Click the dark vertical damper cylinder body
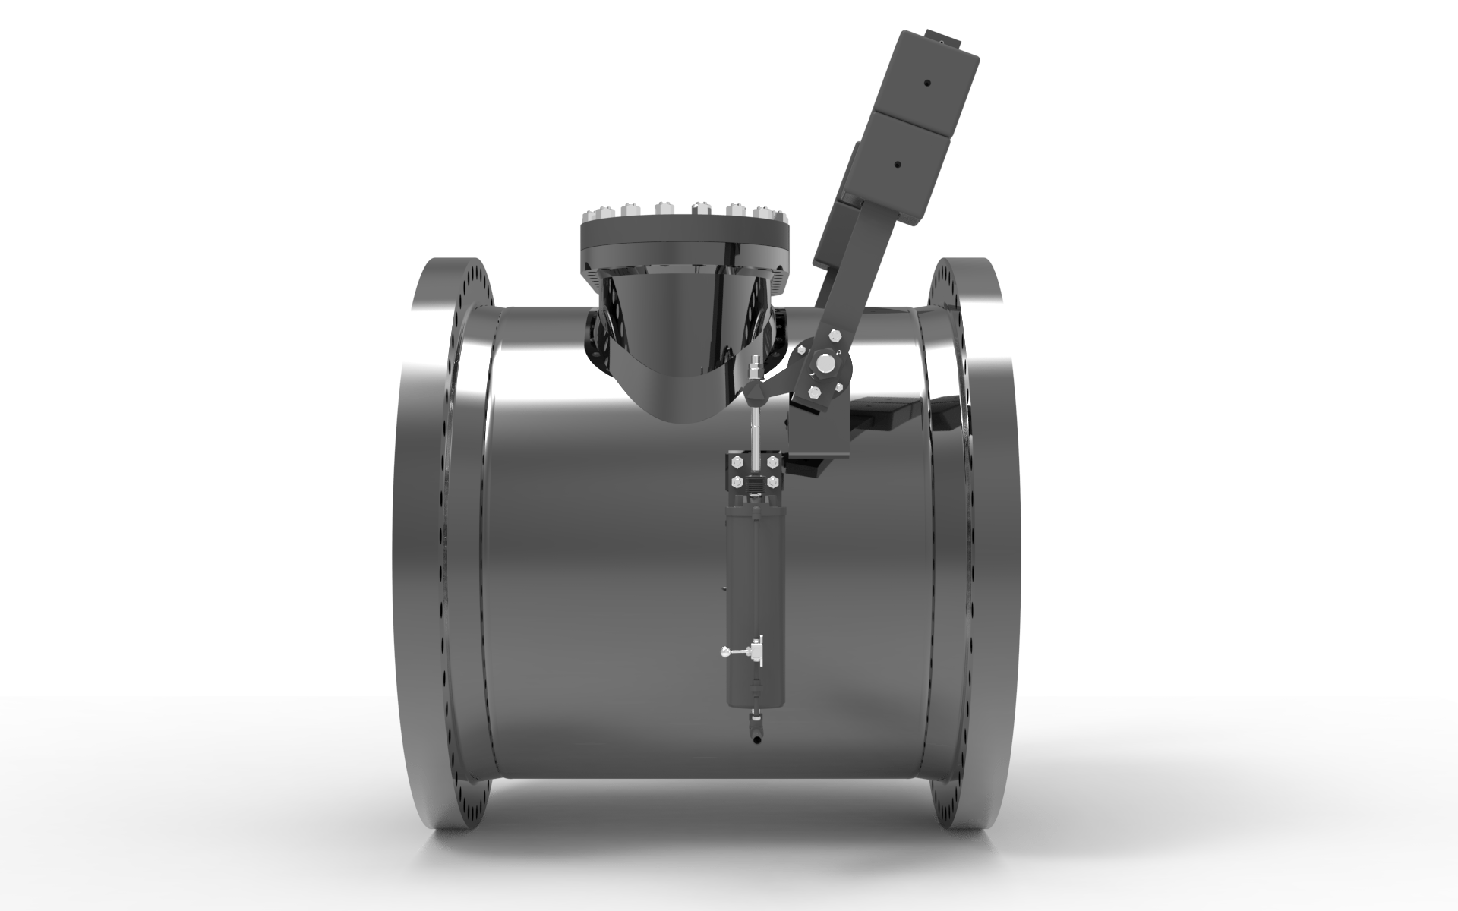[x=748, y=577]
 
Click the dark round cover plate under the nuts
[x=683, y=232]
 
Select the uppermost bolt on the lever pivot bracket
[x=835, y=334]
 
